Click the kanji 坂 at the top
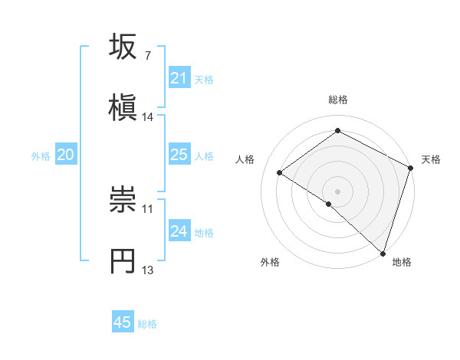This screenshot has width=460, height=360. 123,47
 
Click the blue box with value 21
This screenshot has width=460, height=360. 179,78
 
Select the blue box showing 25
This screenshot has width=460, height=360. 179,155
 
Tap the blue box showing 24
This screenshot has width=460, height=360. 179,231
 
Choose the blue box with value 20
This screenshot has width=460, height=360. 65,155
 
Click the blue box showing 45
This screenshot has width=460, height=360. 123,322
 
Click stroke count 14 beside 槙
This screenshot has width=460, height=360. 148,117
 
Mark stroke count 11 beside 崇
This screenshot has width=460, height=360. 148,208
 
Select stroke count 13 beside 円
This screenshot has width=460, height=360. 148,270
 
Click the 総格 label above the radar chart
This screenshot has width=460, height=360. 338,100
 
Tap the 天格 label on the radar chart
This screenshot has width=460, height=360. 431,159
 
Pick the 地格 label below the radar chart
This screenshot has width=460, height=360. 402,262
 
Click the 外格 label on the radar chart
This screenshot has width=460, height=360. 270,262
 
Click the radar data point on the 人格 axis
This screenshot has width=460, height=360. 280,173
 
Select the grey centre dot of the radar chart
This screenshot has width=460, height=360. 338,191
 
